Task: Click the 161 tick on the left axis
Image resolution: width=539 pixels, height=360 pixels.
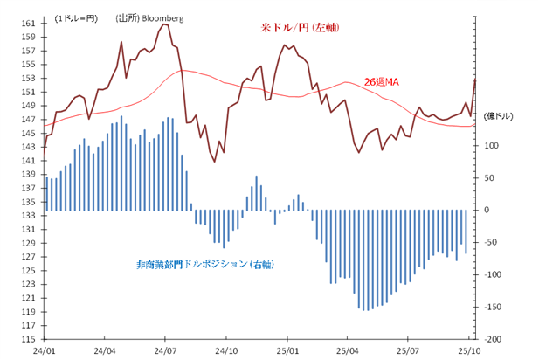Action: [x=29, y=23]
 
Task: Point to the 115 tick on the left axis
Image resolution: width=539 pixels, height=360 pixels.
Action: [x=29, y=339]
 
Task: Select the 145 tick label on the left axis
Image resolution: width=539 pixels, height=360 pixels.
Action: [x=29, y=133]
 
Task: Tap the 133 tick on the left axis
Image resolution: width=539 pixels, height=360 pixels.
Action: [x=29, y=215]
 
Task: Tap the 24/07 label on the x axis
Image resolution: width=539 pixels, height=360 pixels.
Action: [x=165, y=350]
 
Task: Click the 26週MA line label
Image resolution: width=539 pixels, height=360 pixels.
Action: [x=381, y=82]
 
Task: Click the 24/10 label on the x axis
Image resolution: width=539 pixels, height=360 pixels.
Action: [x=226, y=350]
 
